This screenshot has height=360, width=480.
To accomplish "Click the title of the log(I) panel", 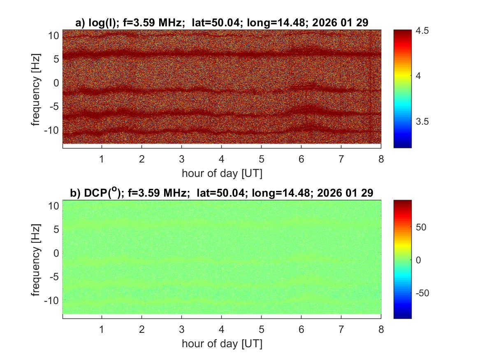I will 222,23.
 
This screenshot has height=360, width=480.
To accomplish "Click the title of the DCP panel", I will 222,193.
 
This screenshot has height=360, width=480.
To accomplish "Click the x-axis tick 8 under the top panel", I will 381,159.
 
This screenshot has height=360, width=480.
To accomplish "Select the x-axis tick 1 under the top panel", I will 102,159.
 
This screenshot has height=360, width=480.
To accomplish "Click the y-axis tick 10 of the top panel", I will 54,35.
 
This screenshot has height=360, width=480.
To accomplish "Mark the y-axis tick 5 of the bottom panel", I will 56,229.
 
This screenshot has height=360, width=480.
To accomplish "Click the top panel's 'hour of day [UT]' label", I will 222,173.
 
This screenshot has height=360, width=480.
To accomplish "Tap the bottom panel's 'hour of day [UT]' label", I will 222,344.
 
